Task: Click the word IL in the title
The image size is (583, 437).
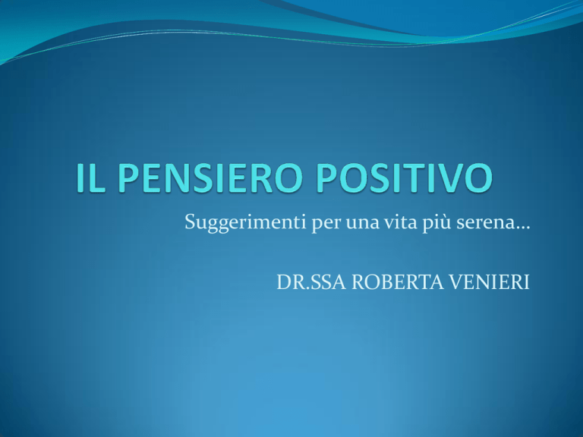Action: pyautogui.click(x=91, y=178)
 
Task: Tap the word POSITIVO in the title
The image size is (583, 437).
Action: pyautogui.click(x=404, y=178)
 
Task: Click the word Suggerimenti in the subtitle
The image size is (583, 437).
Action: pyautogui.click(x=245, y=223)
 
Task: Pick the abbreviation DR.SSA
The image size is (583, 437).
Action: pyautogui.click(x=310, y=282)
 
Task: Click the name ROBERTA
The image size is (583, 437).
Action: pyautogui.click(x=398, y=282)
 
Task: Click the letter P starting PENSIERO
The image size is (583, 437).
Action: pyautogui.click(x=129, y=178)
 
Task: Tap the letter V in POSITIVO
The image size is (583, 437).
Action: pyautogui.click(x=453, y=178)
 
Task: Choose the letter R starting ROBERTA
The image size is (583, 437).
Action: pyautogui.click(x=359, y=282)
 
